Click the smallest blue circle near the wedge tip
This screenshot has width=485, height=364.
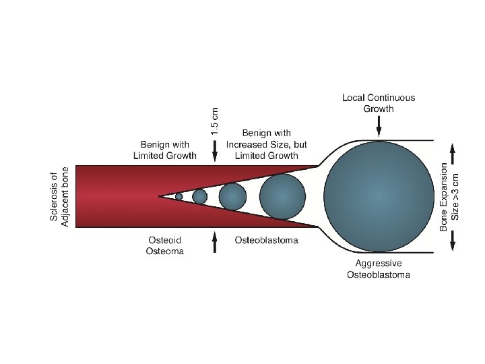tap(179, 196)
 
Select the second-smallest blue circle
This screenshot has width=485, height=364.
tap(199, 196)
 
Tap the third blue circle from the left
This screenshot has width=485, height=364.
tap(232, 196)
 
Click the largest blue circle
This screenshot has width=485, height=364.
tap(379, 196)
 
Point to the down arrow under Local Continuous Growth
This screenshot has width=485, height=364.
tap(379, 126)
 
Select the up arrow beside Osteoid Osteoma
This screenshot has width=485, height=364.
tap(214, 241)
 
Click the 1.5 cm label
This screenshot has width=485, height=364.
tap(214, 121)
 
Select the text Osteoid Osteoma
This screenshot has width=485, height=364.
tap(165, 245)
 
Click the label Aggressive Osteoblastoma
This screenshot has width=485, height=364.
tap(378, 269)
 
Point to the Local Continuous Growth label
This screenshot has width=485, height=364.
tap(378, 102)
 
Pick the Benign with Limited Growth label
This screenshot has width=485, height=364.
tap(165, 150)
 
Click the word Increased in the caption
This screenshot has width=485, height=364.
tap(247, 144)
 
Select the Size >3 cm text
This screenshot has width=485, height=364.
tap(456, 196)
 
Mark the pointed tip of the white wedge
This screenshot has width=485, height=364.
tap(160, 196)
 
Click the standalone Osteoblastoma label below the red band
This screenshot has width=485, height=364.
tap(266, 240)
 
